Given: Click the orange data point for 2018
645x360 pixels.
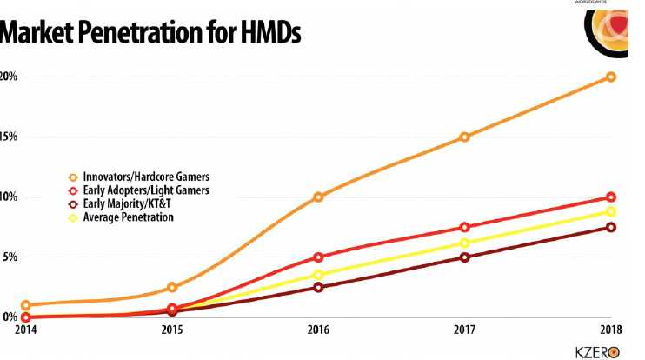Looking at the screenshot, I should pos(611,77).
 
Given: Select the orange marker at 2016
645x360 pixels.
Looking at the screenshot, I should pos(318,197).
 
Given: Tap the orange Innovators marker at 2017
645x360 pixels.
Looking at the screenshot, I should pos(465,137).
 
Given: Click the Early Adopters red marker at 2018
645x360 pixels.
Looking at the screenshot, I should pos(611,197).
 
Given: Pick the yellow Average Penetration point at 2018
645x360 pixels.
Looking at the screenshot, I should pos(611,211).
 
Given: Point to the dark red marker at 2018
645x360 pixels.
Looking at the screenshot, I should pos(611,227).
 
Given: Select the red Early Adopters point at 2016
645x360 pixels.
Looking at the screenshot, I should pos(318,257).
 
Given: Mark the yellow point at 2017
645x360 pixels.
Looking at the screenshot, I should pos(465,243).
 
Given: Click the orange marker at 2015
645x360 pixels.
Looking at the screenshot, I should pos(172,287).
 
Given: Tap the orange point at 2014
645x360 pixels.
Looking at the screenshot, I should pos(26,305).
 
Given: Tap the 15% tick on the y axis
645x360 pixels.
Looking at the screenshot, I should pos(9,137).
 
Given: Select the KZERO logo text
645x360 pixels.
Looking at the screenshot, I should pos(595,351).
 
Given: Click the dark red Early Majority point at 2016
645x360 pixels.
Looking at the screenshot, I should pos(318,287).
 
